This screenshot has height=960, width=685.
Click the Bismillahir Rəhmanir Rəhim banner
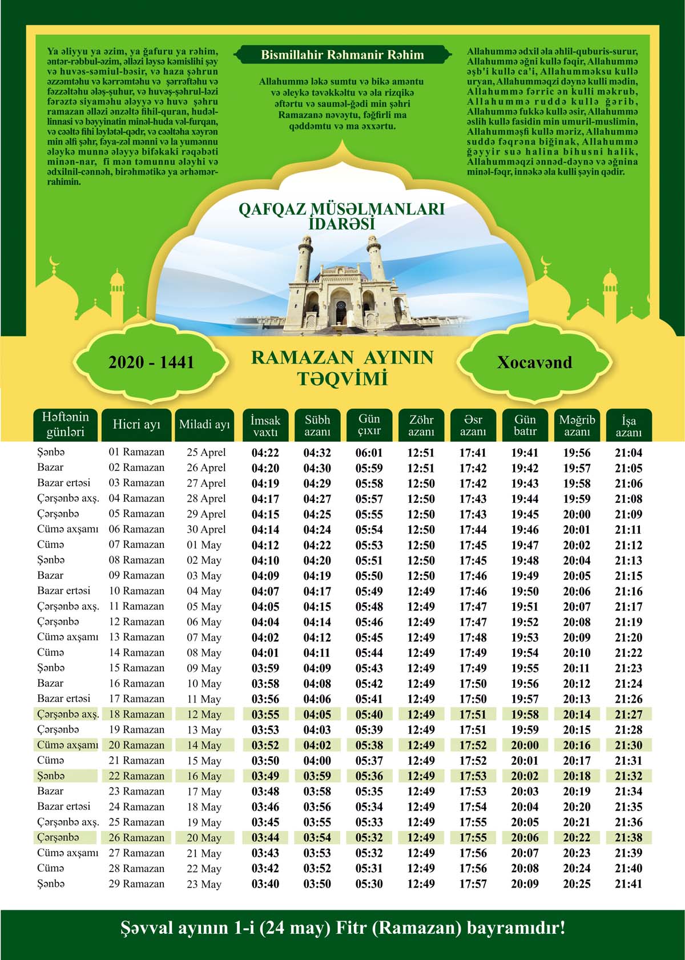pos(342,55)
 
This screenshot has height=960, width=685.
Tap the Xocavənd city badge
pos(534,362)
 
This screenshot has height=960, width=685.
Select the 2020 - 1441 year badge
pos(151,362)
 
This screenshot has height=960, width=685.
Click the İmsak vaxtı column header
pos(265,426)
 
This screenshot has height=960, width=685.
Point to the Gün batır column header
pos(525,426)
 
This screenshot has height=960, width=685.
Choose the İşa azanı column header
pos(628,426)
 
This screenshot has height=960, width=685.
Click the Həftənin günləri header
pos(65,425)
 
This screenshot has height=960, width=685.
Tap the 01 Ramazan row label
pos(136,452)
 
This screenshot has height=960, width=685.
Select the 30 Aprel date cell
pos(206,530)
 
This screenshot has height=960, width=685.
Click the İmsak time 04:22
pos(265,453)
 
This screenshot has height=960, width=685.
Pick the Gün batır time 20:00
pos(525,745)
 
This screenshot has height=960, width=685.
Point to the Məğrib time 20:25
pos(577,884)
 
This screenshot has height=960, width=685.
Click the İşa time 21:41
pos(628,884)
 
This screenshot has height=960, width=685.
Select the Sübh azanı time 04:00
pos(317,761)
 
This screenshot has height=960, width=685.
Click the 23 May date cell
pos(204,884)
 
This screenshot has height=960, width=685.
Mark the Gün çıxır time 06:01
pos(369,453)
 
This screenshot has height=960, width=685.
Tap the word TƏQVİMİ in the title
pos(342,378)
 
